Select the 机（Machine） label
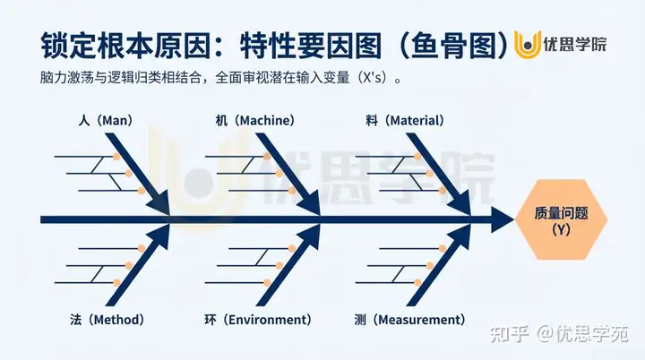(255, 120)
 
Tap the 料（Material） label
(406, 120)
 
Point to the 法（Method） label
(106, 320)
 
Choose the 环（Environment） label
(257, 320)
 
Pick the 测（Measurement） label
(409, 320)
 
